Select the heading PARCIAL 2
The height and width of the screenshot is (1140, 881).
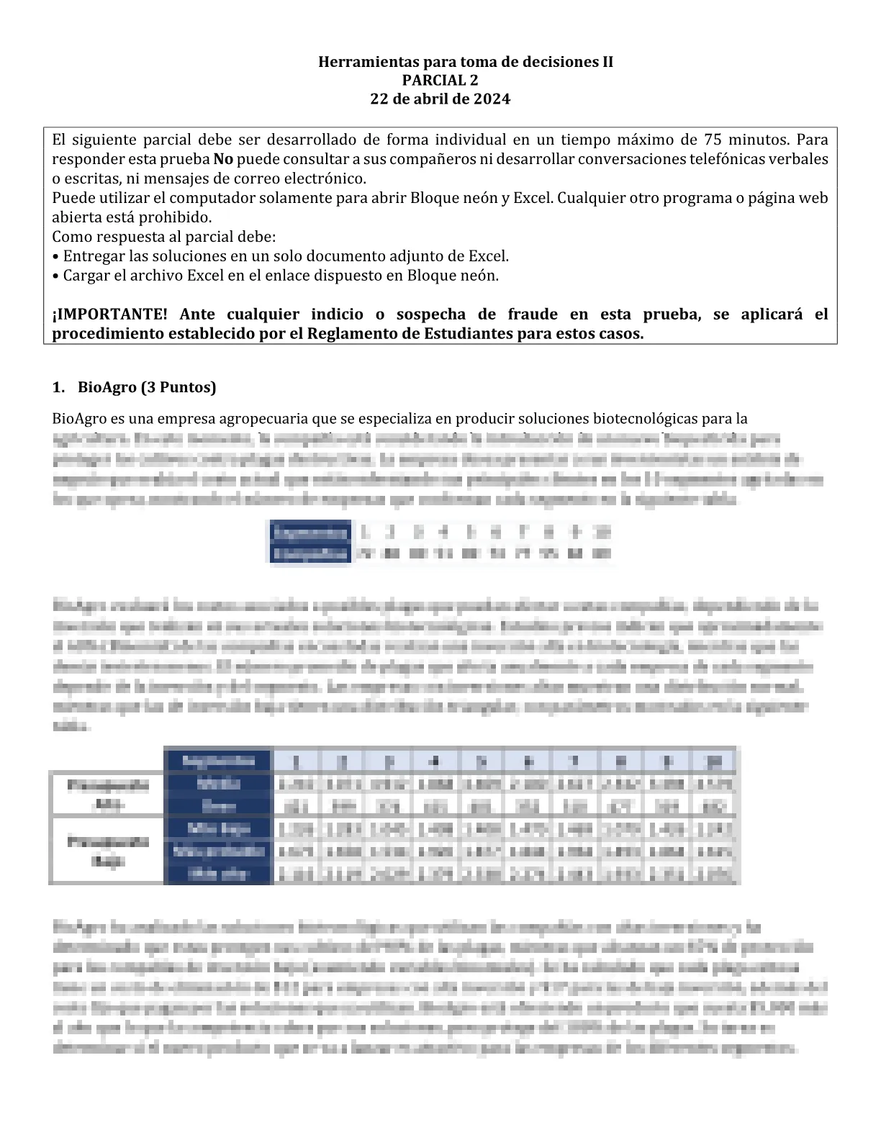[x=440, y=80]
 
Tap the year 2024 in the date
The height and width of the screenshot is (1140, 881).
[x=491, y=99]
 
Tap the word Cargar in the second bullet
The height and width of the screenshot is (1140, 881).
[x=85, y=276]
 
